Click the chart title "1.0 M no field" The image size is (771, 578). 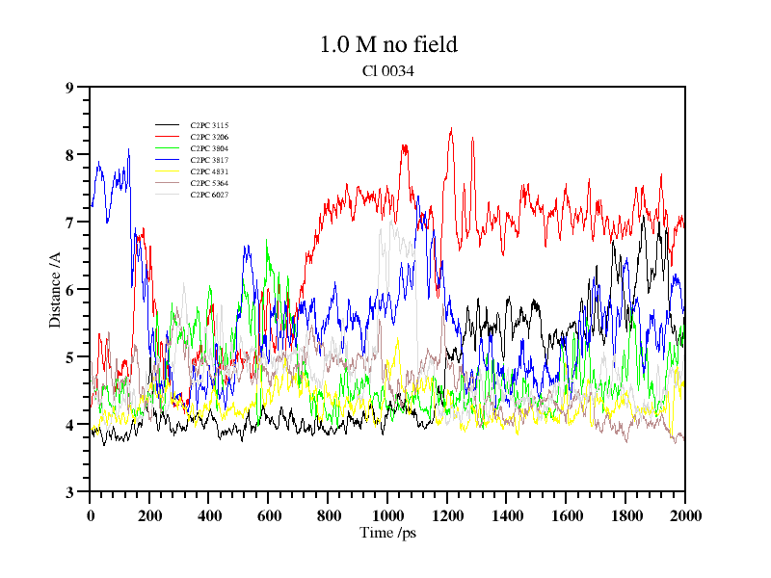pyautogui.click(x=387, y=44)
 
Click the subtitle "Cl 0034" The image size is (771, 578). pyautogui.click(x=387, y=70)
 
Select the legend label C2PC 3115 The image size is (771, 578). pyautogui.click(x=209, y=126)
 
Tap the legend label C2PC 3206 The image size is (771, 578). pyautogui.click(x=209, y=138)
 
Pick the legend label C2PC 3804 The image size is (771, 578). pyautogui.click(x=209, y=149)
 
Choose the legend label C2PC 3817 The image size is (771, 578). pyautogui.click(x=209, y=161)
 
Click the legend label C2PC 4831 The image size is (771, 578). pyautogui.click(x=209, y=172)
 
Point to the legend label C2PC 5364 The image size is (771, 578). pyautogui.click(x=209, y=184)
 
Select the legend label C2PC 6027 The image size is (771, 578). pyautogui.click(x=209, y=196)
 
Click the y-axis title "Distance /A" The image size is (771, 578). pyautogui.click(x=55, y=289)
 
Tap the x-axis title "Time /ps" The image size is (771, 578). pyautogui.click(x=387, y=533)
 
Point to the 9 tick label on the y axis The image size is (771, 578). pyautogui.click(x=69, y=88)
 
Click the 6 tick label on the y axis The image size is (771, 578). pyautogui.click(x=69, y=290)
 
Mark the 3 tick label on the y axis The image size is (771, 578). pyautogui.click(x=69, y=492)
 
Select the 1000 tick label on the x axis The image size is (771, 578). pyautogui.click(x=387, y=515)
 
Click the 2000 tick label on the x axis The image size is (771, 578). pyautogui.click(x=684, y=515)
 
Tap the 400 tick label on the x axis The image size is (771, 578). pyautogui.click(x=209, y=515)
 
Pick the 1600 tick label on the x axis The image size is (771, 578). pyautogui.click(x=566, y=515)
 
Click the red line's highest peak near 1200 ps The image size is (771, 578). pyautogui.click(x=451, y=129)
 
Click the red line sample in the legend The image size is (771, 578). pyautogui.click(x=167, y=138)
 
